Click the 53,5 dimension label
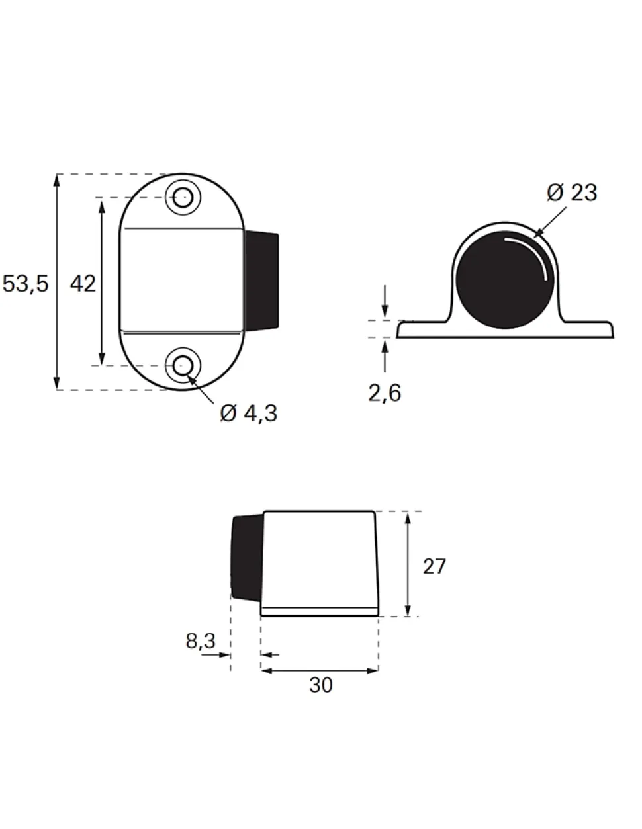point(26,284)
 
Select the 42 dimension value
point(83,284)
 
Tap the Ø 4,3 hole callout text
point(248,413)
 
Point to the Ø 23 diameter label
point(572,193)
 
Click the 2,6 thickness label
point(385,393)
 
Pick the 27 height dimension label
point(434,566)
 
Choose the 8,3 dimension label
point(201,640)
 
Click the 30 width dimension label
point(321,685)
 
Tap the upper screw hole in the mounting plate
point(182,197)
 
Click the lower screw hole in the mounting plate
point(182,365)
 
